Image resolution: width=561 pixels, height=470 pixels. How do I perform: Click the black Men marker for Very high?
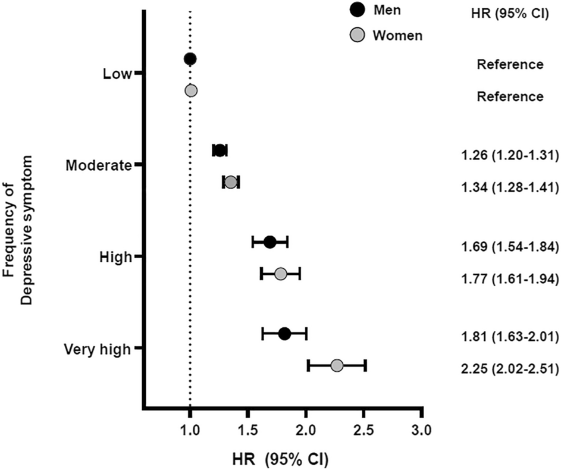(x=284, y=334)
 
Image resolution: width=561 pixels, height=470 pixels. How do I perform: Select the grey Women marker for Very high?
(x=337, y=365)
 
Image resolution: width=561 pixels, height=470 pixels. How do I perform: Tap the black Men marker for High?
(x=270, y=242)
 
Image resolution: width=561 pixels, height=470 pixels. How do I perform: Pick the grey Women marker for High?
(x=280, y=274)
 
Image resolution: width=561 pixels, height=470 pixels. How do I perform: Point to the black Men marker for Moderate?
(x=220, y=151)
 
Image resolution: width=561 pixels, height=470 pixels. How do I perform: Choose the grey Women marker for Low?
(x=190, y=90)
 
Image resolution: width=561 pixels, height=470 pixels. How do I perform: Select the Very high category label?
(x=97, y=349)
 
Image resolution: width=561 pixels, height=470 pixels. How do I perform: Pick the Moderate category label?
(x=98, y=165)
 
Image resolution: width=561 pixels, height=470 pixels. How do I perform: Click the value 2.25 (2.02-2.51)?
(x=509, y=369)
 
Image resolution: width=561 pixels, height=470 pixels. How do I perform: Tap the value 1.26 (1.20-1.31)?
(x=509, y=156)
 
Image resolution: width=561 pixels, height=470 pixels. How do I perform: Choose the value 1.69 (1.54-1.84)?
(x=509, y=247)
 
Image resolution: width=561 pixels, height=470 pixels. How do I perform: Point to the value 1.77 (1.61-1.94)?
(x=509, y=279)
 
